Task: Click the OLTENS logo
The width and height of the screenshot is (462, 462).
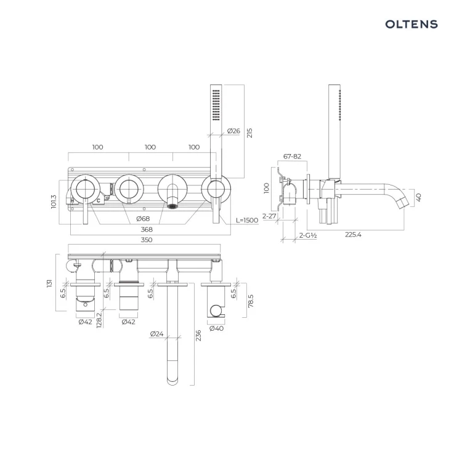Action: tap(411, 24)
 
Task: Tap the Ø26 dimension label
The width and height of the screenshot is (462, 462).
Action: tap(233, 131)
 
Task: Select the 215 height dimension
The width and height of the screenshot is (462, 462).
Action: tap(249, 133)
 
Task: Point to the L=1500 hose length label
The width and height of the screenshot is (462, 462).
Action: tap(247, 220)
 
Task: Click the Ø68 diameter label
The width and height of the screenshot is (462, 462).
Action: tap(143, 219)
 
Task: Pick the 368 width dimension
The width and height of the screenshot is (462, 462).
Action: tap(147, 229)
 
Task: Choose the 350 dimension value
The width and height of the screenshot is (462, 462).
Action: tap(147, 240)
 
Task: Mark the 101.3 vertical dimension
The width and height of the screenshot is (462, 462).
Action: tap(54, 201)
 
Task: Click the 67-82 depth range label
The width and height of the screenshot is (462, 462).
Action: tap(292, 156)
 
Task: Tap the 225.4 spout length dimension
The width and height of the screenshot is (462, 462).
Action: tap(353, 235)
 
